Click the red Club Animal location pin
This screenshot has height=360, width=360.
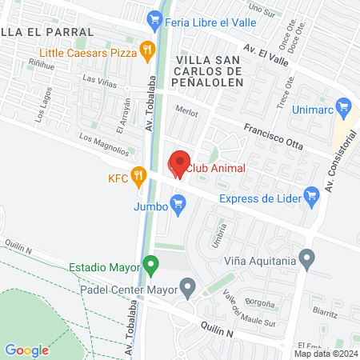(179, 165)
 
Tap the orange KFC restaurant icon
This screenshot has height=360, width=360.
(138, 174)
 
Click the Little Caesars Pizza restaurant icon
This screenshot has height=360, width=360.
(146, 52)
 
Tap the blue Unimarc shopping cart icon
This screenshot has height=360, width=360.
(344, 104)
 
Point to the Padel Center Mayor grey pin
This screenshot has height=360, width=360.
(187, 285)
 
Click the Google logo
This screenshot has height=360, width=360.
(27, 350)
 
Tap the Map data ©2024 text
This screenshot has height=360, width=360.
(325, 354)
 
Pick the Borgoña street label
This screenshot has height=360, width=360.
(261, 303)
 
